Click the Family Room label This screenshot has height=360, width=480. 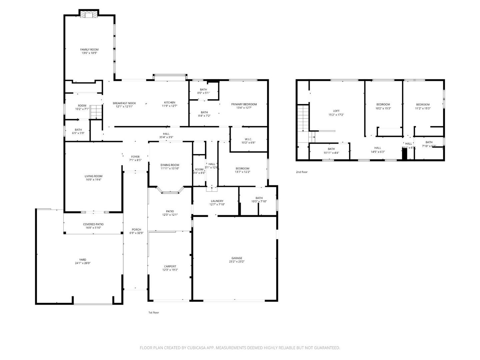(x=89, y=49)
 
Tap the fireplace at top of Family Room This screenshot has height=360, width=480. (x=89, y=14)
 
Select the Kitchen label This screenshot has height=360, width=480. (x=169, y=103)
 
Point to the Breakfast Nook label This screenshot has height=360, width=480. (x=124, y=103)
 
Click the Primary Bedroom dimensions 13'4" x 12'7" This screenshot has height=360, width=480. (x=244, y=108)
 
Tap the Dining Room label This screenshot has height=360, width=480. (x=170, y=165)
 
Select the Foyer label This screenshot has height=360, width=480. (x=135, y=157)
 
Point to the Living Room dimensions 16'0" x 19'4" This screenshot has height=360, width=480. (x=93, y=180)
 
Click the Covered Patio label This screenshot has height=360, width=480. (x=93, y=224)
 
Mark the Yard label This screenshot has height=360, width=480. (x=82, y=260)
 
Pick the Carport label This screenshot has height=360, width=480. (x=170, y=266)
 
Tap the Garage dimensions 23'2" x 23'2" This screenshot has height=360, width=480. (x=237, y=262)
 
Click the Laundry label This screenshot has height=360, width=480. (x=217, y=201)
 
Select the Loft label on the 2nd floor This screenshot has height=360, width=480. (x=336, y=111)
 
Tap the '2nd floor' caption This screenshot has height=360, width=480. (x=302, y=172)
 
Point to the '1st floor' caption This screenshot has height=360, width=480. (x=154, y=312)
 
